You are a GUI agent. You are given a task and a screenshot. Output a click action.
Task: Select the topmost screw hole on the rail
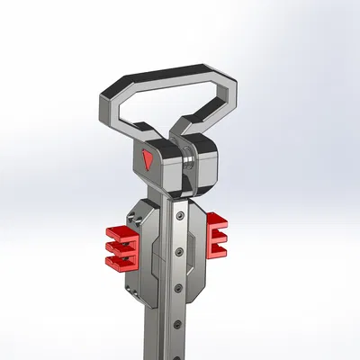tap(182, 218)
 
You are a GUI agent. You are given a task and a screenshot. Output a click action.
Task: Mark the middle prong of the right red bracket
tap(218, 236)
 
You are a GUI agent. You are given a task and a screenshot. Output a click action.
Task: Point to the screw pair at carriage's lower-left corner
tap(132, 290)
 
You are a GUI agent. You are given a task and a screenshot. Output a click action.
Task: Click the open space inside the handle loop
tap(171, 103)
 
